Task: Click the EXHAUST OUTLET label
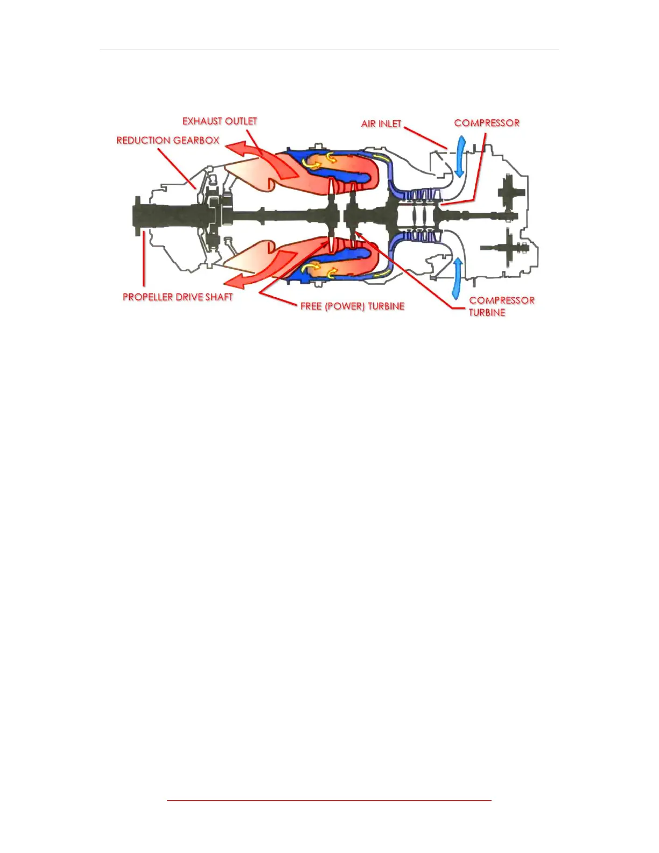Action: [220, 121]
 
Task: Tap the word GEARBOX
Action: [196, 141]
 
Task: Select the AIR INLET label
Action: [381, 124]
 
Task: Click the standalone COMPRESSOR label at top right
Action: [487, 123]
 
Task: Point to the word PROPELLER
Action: [148, 297]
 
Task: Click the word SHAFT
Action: [219, 297]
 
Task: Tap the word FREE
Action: [311, 306]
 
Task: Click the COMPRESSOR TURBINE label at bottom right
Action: [501, 306]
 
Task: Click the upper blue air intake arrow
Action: [460, 156]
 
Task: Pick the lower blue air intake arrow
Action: [457, 278]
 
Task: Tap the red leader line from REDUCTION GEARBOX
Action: [176, 167]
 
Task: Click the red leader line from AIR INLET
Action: [425, 138]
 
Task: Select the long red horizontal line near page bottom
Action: [329, 801]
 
